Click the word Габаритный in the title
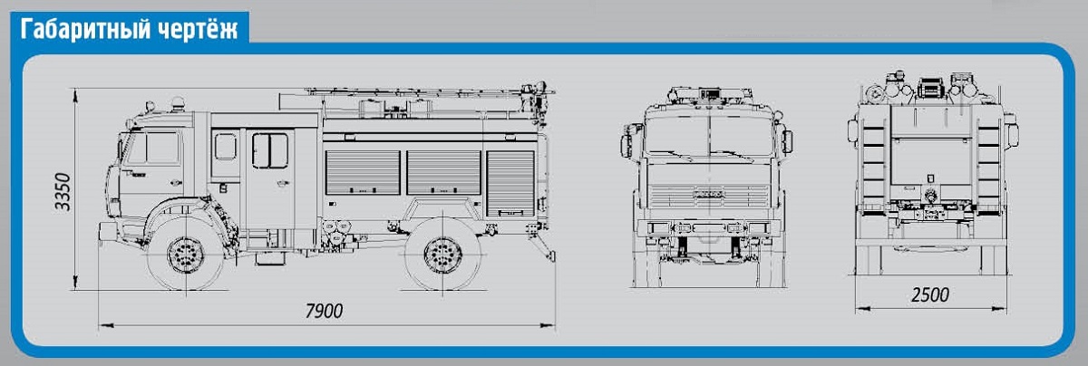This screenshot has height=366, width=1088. click(x=85, y=30)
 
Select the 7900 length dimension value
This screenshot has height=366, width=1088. click(x=324, y=311)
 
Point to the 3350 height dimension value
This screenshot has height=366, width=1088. click(x=63, y=191)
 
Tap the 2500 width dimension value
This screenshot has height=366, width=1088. click(x=929, y=295)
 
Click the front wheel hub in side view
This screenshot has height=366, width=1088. click(x=186, y=255)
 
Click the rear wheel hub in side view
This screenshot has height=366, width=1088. click(x=442, y=255)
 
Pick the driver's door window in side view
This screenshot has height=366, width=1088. click(x=154, y=148)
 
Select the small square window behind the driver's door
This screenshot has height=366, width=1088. click(x=226, y=147)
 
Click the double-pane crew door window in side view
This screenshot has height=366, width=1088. click(x=270, y=151)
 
